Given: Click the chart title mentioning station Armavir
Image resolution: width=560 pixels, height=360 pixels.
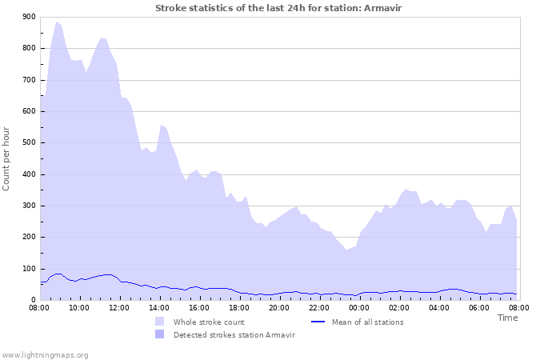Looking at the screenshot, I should (279, 7).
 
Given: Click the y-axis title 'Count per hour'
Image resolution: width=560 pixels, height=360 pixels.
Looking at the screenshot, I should (7, 158).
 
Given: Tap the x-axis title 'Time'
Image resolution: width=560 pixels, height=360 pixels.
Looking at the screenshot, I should (507, 318).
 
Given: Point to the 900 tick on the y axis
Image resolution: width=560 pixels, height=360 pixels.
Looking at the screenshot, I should (29, 17).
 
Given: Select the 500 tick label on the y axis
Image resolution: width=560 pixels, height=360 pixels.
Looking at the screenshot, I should (29, 143).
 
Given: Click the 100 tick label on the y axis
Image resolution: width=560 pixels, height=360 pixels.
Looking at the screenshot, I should (29, 269).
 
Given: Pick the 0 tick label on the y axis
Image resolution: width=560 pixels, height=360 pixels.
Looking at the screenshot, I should (33, 300).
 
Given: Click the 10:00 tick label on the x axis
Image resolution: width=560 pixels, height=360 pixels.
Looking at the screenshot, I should (79, 307).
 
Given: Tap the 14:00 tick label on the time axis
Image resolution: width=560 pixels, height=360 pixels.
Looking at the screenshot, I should (159, 307).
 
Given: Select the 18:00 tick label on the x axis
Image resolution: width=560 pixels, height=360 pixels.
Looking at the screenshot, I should (239, 307).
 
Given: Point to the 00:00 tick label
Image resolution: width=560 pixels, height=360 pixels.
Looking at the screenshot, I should (359, 307).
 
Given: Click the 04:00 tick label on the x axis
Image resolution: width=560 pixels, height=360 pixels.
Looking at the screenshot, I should (439, 307).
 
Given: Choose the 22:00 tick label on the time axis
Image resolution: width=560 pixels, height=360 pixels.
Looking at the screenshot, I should (319, 307).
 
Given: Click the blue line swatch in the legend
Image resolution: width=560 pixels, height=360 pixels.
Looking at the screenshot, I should (318, 322).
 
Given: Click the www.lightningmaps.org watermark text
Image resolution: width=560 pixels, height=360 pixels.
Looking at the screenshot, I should (45, 354).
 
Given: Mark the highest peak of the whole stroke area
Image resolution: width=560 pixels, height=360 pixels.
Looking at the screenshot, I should (56, 22).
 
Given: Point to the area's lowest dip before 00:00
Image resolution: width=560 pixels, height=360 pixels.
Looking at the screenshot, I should (347, 250).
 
